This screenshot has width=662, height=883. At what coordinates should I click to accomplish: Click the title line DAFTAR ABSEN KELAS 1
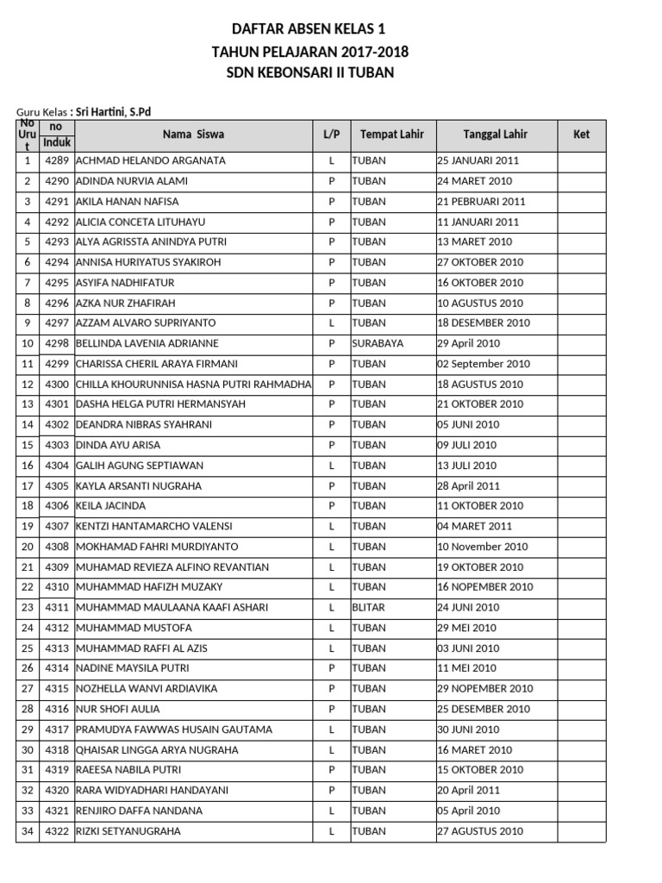[x=309, y=28]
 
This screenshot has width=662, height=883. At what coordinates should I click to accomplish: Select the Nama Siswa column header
[x=193, y=135]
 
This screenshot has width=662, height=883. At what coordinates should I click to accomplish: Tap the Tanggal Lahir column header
[x=495, y=135]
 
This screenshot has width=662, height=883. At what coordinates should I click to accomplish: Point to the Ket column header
[x=581, y=135]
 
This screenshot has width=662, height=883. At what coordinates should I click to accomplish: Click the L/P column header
[x=331, y=135]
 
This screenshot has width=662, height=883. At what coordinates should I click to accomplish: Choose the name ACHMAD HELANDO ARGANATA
[x=151, y=160]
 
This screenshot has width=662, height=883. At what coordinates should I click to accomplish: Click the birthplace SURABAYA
[x=378, y=343]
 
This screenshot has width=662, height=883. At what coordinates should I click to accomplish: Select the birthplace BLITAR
[x=368, y=607]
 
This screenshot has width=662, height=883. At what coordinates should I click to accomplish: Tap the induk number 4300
[x=57, y=384]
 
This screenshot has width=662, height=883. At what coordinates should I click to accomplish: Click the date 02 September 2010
[x=484, y=364]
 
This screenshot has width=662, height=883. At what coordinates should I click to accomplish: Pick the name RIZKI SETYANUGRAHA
[x=128, y=831]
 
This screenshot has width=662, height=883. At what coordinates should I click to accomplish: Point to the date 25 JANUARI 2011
[x=478, y=160]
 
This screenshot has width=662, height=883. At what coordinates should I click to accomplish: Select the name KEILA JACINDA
[x=111, y=505]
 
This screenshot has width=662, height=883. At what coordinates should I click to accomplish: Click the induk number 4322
[x=57, y=831]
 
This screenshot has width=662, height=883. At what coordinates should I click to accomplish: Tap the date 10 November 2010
[x=483, y=547]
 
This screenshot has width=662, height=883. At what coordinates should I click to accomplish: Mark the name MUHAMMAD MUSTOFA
[x=134, y=628]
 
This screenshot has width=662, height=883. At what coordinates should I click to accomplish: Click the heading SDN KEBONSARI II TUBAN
[x=309, y=73]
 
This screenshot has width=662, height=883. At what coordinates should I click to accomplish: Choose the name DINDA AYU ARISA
[x=119, y=445]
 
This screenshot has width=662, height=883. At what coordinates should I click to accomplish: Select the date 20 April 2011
[x=468, y=790]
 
